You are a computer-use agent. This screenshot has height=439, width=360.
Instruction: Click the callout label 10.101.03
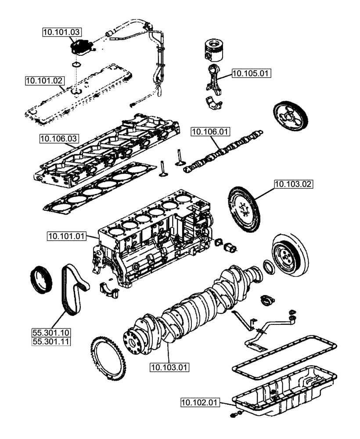coord(62,32)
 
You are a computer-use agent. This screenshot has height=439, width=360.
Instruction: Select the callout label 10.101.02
coord(45,80)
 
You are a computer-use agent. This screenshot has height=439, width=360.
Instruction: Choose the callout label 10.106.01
coord(210,131)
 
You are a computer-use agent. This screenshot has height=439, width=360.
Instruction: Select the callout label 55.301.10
coord(51,332)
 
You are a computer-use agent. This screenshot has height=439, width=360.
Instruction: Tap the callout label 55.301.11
coord(51,341)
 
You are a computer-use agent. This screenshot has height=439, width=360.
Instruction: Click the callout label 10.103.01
coord(169,367)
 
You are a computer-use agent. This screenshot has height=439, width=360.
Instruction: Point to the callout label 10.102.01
coord(200,402)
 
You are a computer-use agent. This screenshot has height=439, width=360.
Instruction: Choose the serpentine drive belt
coord(74,289)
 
